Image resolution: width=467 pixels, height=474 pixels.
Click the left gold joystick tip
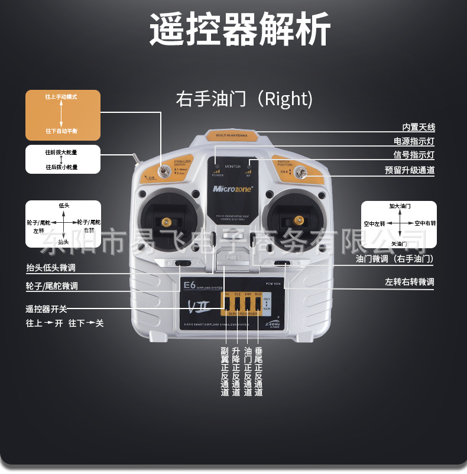point(167,222)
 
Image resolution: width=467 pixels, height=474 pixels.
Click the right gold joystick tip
point(299,221)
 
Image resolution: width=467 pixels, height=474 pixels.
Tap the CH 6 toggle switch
point(301,173)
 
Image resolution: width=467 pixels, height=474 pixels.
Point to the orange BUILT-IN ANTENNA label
point(232,136)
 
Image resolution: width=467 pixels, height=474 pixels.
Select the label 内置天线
point(419,127)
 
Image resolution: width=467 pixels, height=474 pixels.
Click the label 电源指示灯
point(414,141)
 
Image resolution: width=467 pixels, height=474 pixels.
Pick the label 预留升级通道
point(410,170)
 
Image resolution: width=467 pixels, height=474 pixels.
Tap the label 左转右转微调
point(410,282)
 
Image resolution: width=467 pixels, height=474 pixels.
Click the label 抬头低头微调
point(51,268)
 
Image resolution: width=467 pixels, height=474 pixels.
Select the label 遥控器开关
point(47,309)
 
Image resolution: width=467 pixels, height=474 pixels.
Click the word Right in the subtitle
point(287,99)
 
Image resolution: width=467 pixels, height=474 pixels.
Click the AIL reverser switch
point(227,303)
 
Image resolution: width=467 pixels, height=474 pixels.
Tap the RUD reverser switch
point(257,303)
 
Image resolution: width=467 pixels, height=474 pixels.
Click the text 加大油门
point(400,206)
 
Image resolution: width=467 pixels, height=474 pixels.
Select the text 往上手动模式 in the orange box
point(61,96)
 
